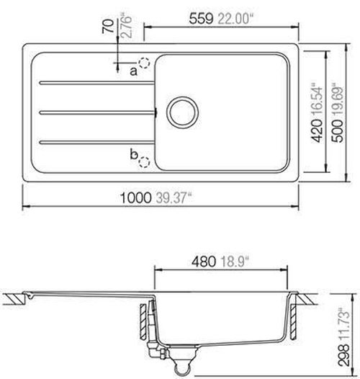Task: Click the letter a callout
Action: pos(133,71)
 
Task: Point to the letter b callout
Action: pos(132,153)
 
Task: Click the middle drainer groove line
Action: pos(97,111)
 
